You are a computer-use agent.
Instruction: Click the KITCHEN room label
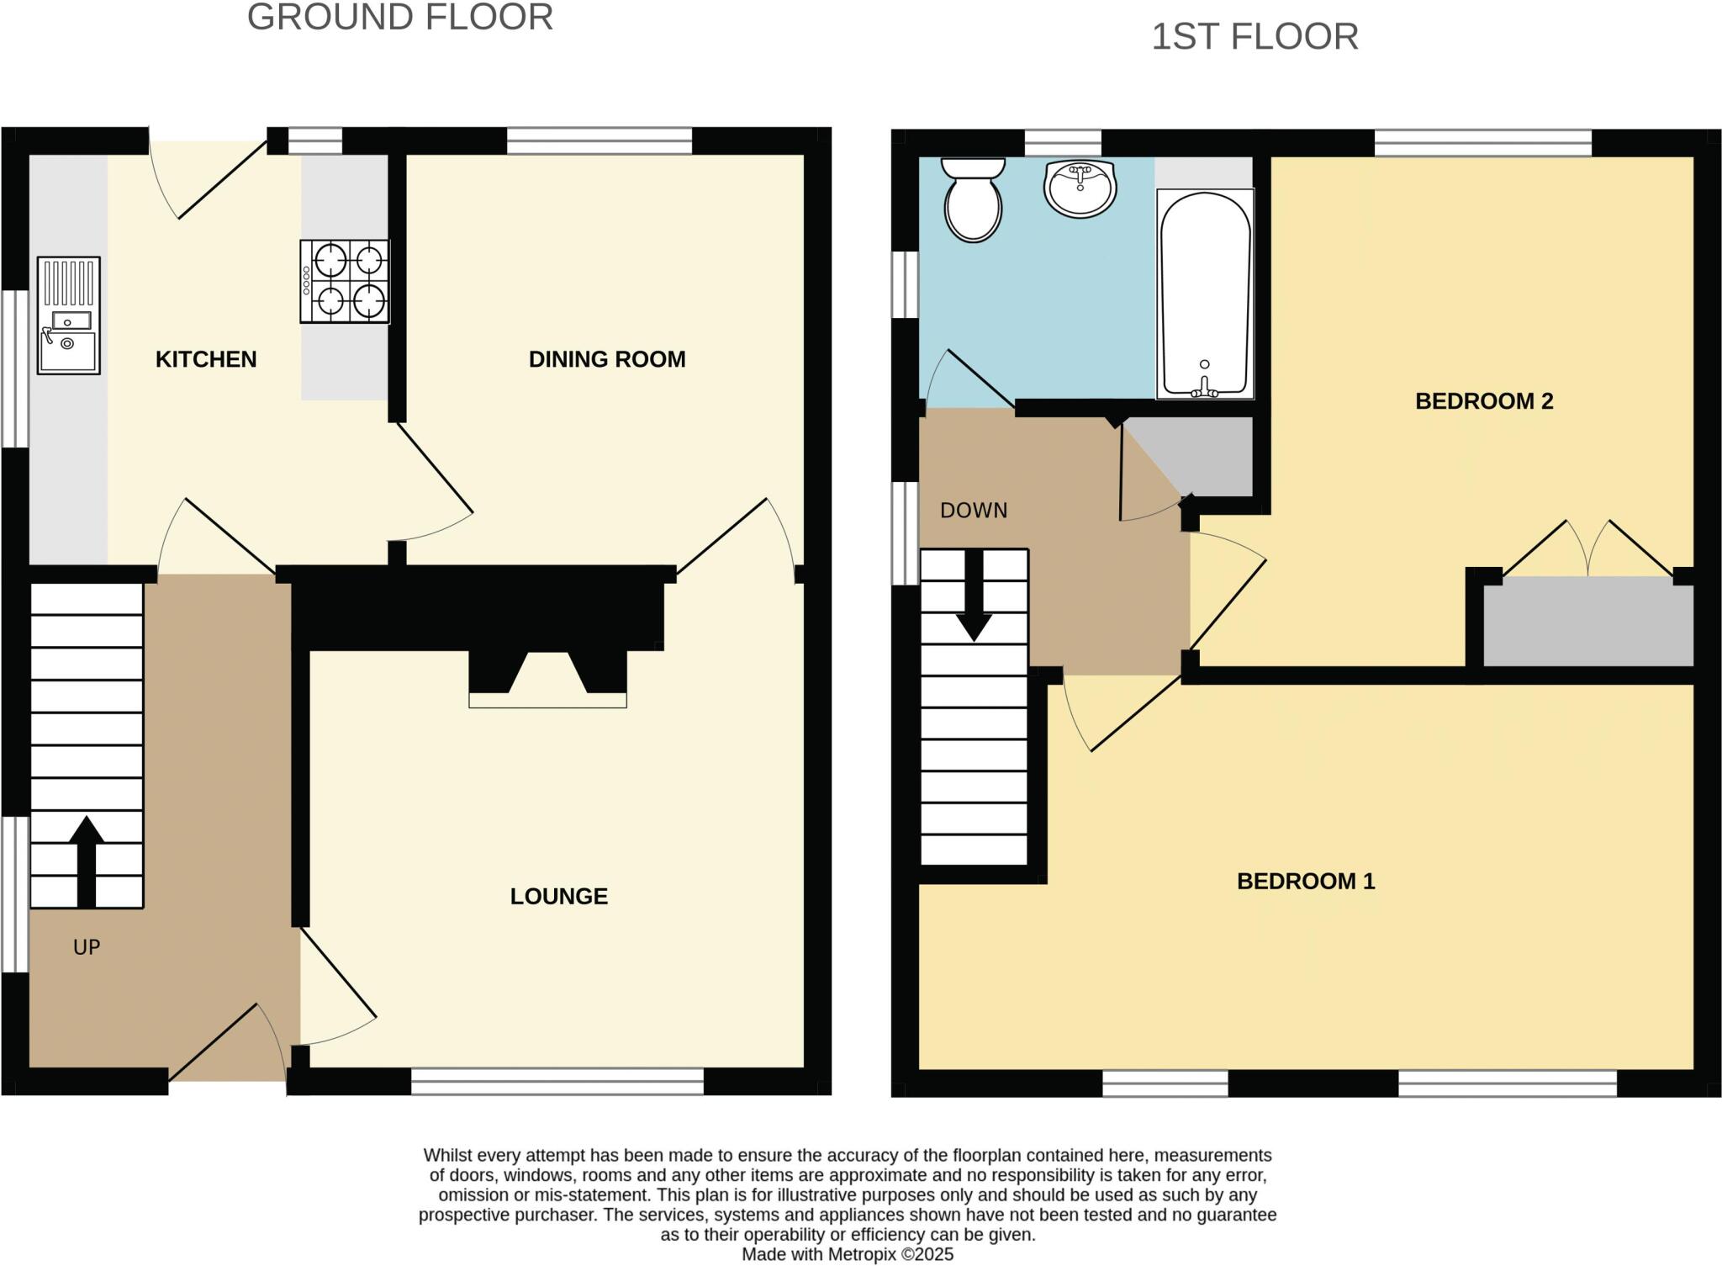click(206, 359)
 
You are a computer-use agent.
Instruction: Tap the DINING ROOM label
click(607, 359)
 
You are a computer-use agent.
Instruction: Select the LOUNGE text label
click(559, 896)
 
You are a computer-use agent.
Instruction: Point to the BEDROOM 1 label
click(1306, 881)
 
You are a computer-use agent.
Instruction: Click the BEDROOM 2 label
click(1484, 401)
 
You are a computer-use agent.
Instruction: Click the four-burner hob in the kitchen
click(346, 281)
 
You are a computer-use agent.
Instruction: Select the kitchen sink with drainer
click(69, 315)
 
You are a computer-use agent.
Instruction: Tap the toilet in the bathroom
click(974, 200)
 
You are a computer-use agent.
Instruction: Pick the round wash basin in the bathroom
click(1080, 188)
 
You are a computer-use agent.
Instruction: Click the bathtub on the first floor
click(1205, 294)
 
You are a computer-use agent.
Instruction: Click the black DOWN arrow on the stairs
click(974, 596)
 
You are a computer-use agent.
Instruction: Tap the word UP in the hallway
click(87, 947)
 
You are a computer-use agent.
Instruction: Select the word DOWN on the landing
click(974, 511)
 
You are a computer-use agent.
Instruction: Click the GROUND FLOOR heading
click(400, 18)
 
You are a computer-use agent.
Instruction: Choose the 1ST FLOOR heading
click(1255, 37)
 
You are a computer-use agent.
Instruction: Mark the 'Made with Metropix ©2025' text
click(848, 1254)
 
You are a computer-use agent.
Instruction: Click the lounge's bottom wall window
click(557, 1081)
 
